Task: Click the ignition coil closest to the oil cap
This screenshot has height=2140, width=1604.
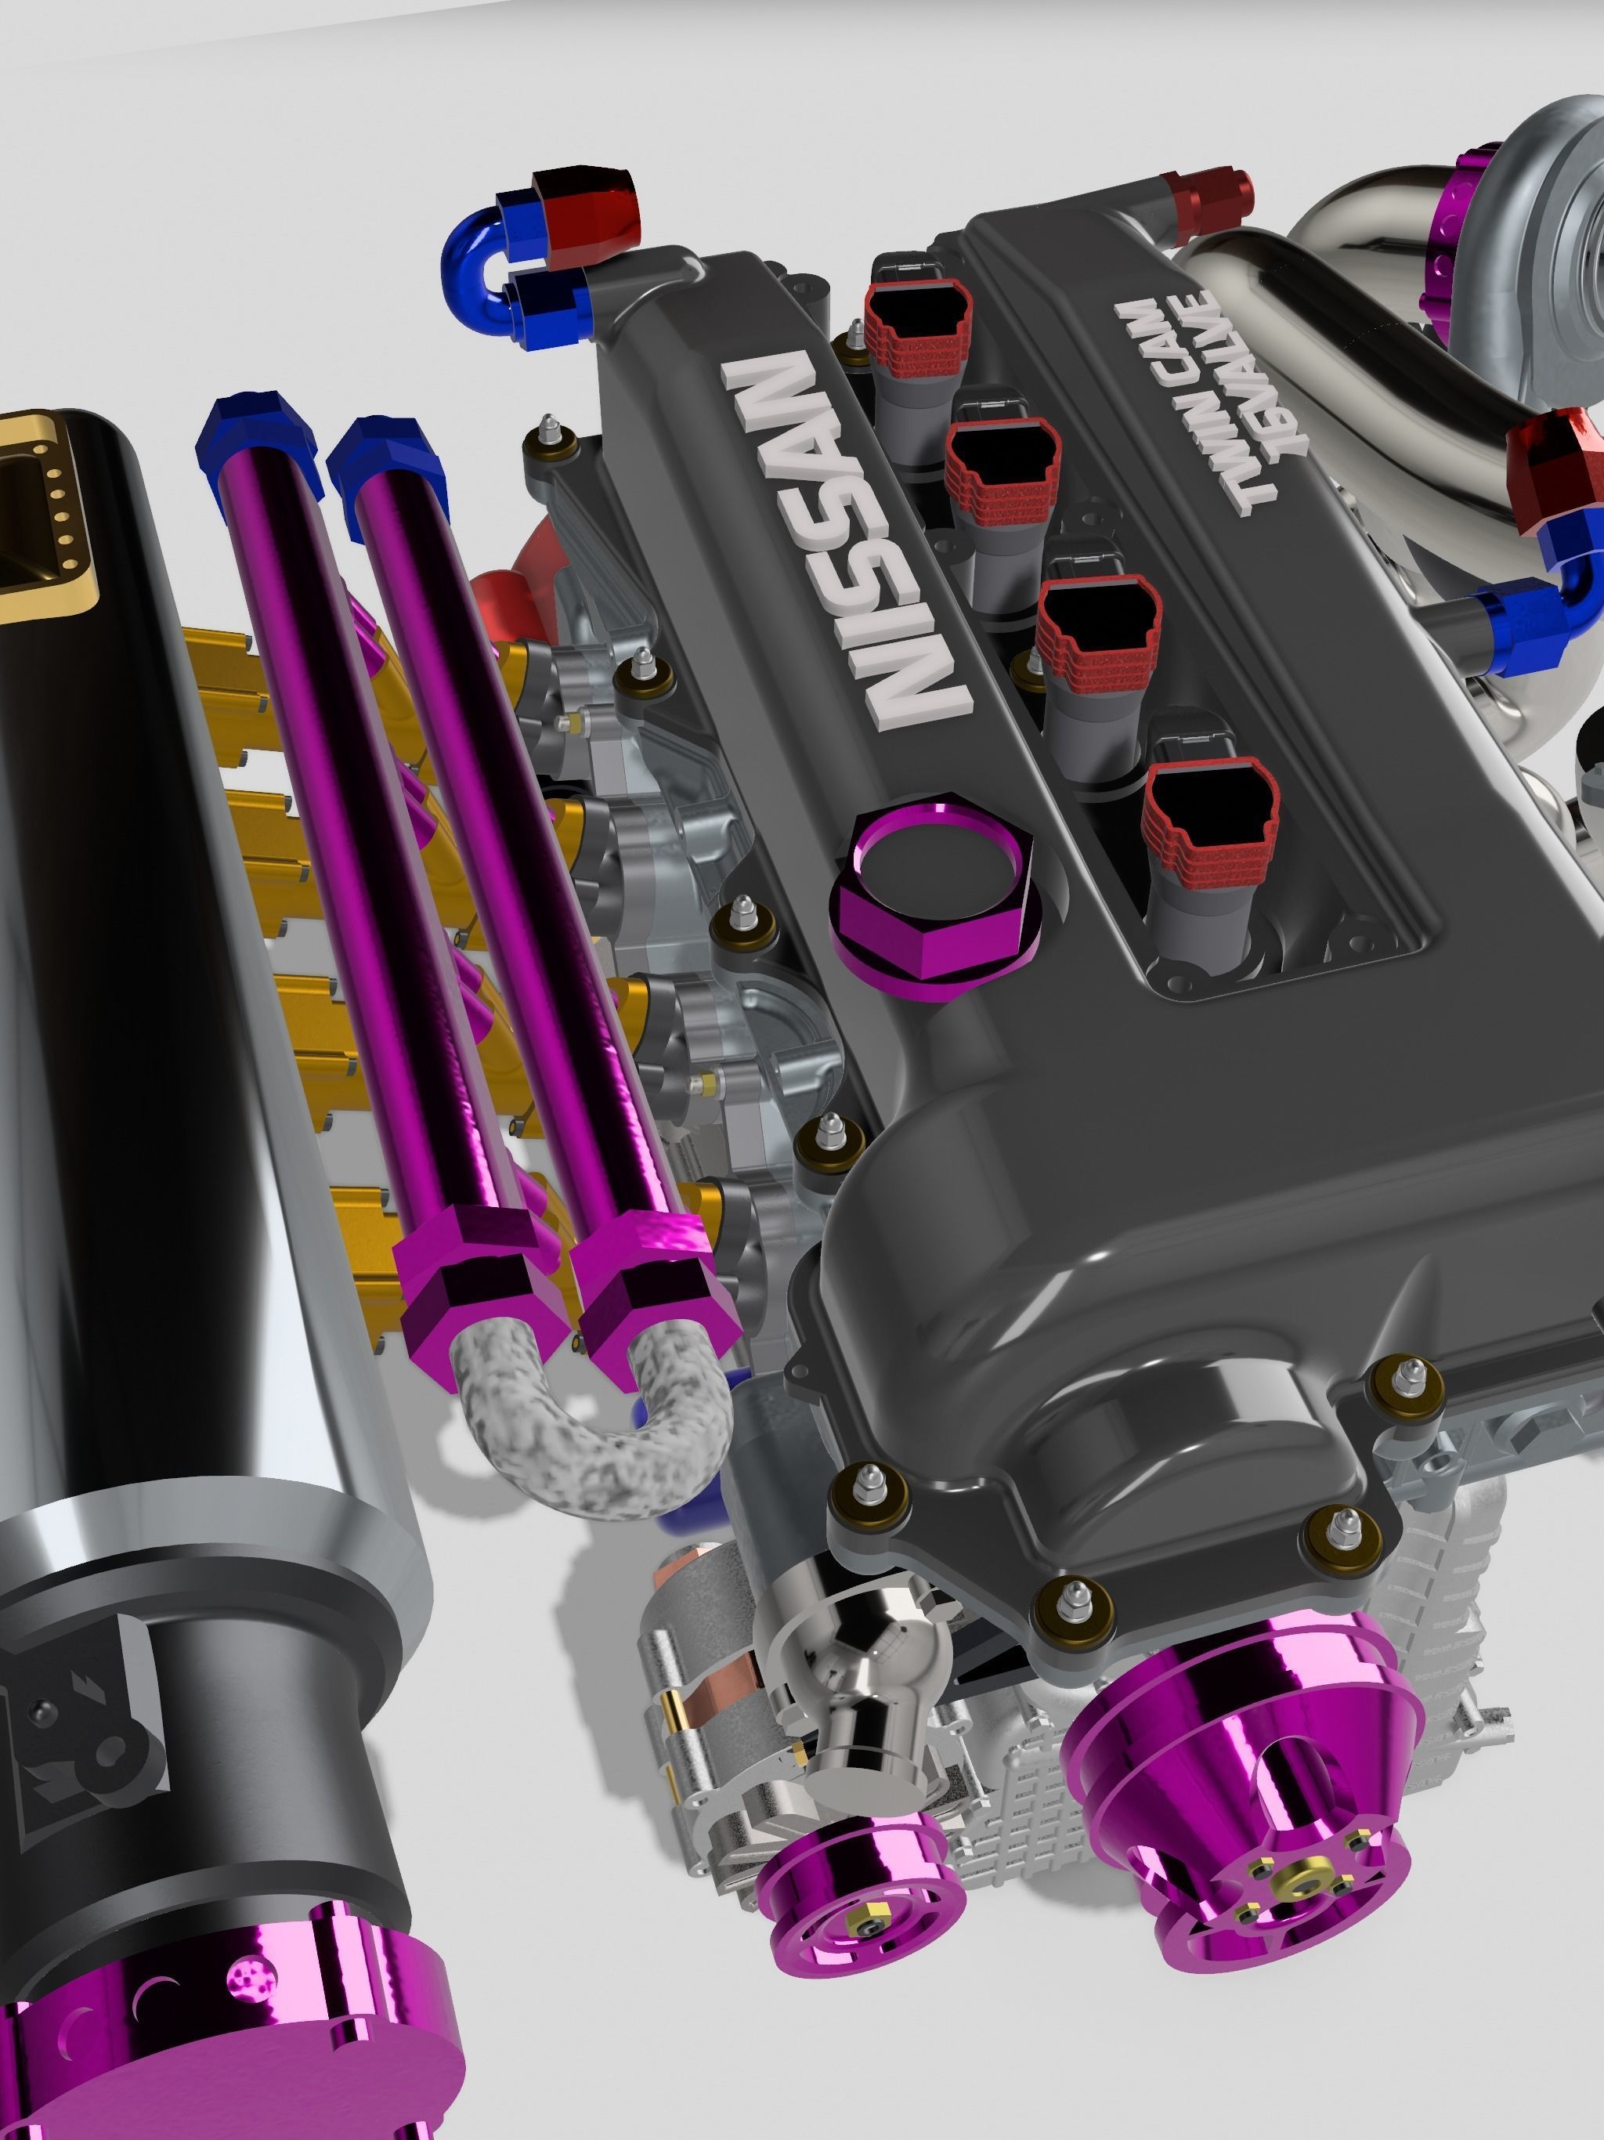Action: pyautogui.click(x=1209, y=822)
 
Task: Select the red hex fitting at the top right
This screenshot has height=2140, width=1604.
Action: pyautogui.click(x=1209, y=203)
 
